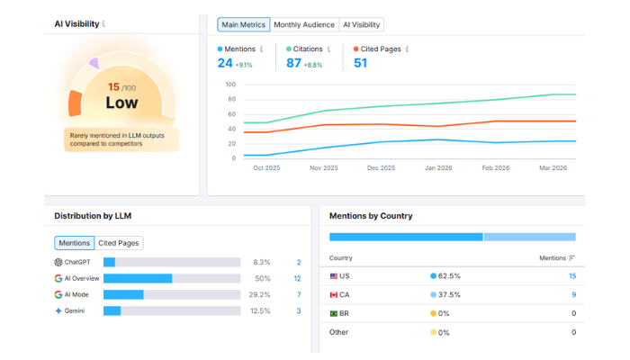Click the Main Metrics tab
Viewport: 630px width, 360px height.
(243, 25)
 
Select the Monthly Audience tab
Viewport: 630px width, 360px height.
(303, 25)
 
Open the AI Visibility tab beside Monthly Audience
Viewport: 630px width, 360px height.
(361, 25)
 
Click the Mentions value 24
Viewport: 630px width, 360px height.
(225, 63)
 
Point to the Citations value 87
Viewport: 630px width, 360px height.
(293, 63)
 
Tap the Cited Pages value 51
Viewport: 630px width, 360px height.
(360, 63)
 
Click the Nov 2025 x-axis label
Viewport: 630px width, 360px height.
(324, 167)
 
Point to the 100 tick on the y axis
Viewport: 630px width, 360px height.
(229, 85)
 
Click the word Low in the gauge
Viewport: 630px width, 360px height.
(121, 103)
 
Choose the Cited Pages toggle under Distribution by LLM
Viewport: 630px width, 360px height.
(119, 243)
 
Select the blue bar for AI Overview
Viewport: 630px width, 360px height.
(138, 279)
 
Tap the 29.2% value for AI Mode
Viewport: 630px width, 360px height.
(259, 295)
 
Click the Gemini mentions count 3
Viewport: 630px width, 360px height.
(299, 311)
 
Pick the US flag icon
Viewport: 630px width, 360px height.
(334, 276)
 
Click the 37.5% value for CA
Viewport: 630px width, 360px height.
(450, 294)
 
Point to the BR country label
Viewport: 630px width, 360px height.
(344, 313)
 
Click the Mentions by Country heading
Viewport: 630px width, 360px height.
(371, 216)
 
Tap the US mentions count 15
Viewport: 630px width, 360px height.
(571, 276)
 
